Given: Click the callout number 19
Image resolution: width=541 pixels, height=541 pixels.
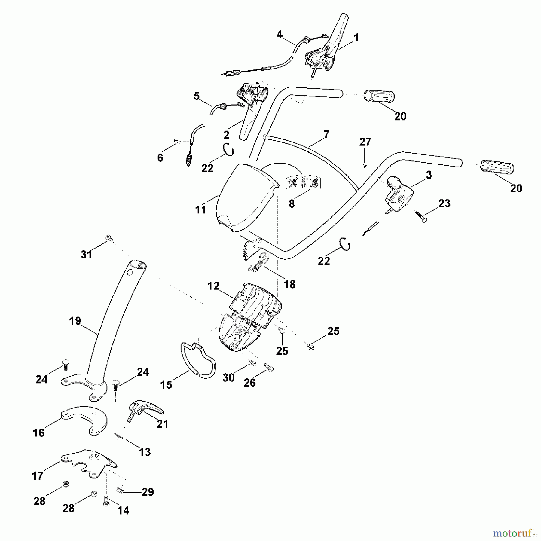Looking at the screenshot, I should tap(75, 321).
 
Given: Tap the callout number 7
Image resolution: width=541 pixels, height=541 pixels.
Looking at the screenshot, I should tap(326, 134).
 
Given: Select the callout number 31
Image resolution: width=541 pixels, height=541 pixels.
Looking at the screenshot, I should tap(86, 255).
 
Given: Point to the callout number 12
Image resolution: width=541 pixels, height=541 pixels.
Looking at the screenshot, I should tap(213, 286).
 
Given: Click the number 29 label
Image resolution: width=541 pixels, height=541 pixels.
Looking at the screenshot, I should tap(148, 492).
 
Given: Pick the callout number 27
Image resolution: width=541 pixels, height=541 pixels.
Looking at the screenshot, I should tap(365, 142).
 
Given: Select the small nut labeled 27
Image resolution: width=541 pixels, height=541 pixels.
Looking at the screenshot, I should tap(364, 166).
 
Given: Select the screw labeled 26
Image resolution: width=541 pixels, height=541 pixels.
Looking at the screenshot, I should tap(269, 368).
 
